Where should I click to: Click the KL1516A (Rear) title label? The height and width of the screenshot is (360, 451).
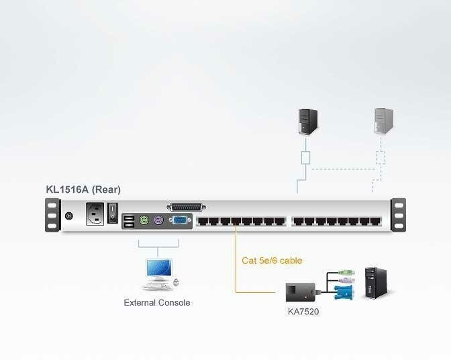[x=83, y=189]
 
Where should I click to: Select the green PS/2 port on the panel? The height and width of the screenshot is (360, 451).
[x=143, y=220]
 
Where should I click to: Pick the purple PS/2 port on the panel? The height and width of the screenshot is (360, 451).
[x=158, y=220]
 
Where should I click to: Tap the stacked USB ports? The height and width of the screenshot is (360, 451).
[x=128, y=220]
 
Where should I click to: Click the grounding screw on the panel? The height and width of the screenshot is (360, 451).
[x=70, y=216]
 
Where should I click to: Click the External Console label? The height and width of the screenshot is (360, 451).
[x=157, y=303]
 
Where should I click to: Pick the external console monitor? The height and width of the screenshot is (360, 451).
[x=158, y=270]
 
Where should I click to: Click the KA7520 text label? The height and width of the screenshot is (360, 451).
[x=303, y=312]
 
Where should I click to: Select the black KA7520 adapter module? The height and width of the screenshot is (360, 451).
[x=299, y=291]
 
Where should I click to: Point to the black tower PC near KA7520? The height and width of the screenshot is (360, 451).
[x=373, y=283]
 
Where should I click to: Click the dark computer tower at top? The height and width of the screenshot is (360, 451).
[x=307, y=119]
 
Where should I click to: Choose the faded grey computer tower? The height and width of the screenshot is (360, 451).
[x=383, y=120]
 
